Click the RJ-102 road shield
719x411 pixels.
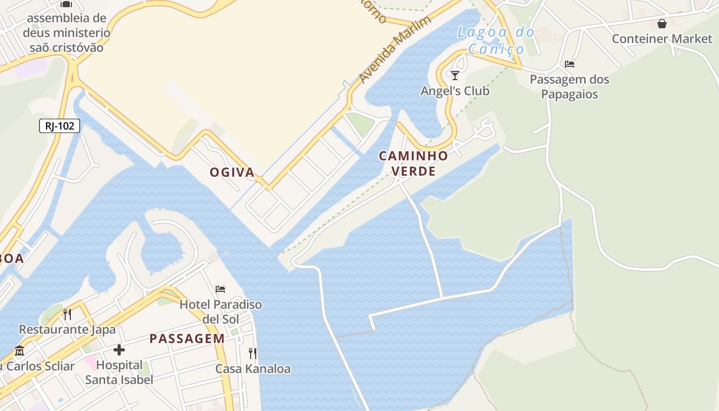(60, 126)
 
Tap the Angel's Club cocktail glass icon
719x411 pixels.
(455, 76)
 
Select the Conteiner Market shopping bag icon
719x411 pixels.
(662, 24)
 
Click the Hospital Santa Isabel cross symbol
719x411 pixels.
(119, 350)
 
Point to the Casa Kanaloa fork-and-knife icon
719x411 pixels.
(252, 353)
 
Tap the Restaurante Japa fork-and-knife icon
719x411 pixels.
(67, 314)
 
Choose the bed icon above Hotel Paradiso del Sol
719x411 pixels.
(220, 289)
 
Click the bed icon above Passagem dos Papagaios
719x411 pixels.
(569, 64)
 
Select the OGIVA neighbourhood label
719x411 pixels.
(232, 173)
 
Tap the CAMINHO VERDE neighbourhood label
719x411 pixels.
(413, 163)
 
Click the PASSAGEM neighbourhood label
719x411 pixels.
(187, 339)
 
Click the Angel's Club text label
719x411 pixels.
(455, 91)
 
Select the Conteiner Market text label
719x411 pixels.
(662, 39)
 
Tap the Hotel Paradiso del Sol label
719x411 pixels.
(220, 311)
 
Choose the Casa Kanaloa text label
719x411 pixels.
(253, 369)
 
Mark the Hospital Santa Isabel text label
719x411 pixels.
(119, 372)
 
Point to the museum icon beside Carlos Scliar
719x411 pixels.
(20, 351)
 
